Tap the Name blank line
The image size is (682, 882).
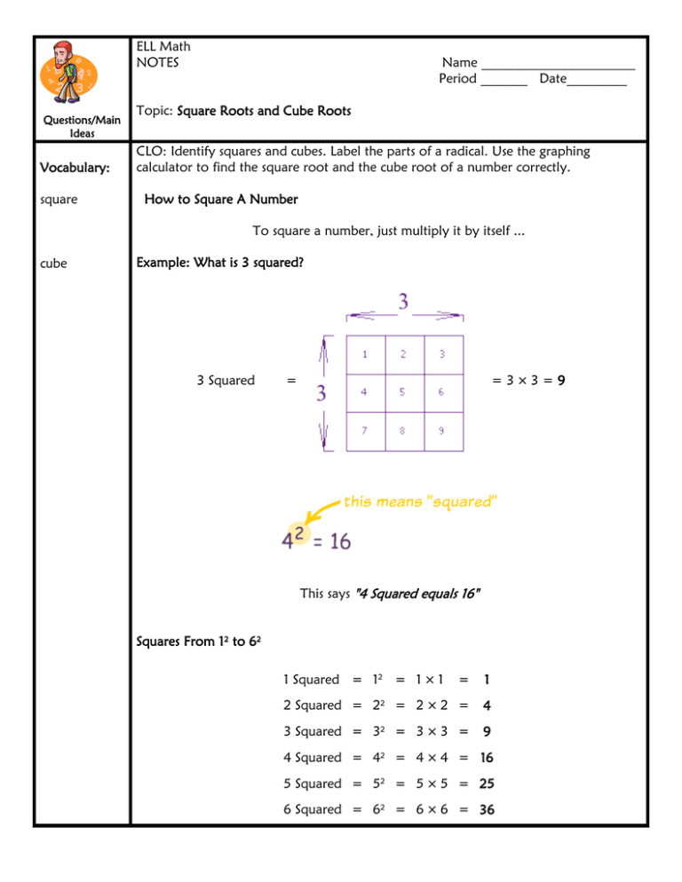click(558, 67)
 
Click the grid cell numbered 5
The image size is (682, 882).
click(404, 391)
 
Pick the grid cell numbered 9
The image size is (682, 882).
click(443, 431)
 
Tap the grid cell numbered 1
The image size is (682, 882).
click(365, 354)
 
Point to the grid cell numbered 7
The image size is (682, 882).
click(365, 431)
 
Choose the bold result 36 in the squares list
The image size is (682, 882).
click(487, 809)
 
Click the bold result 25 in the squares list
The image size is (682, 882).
click(487, 784)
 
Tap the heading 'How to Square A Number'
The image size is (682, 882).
click(220, 199)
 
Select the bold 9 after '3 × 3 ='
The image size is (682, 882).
click(563, 381)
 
